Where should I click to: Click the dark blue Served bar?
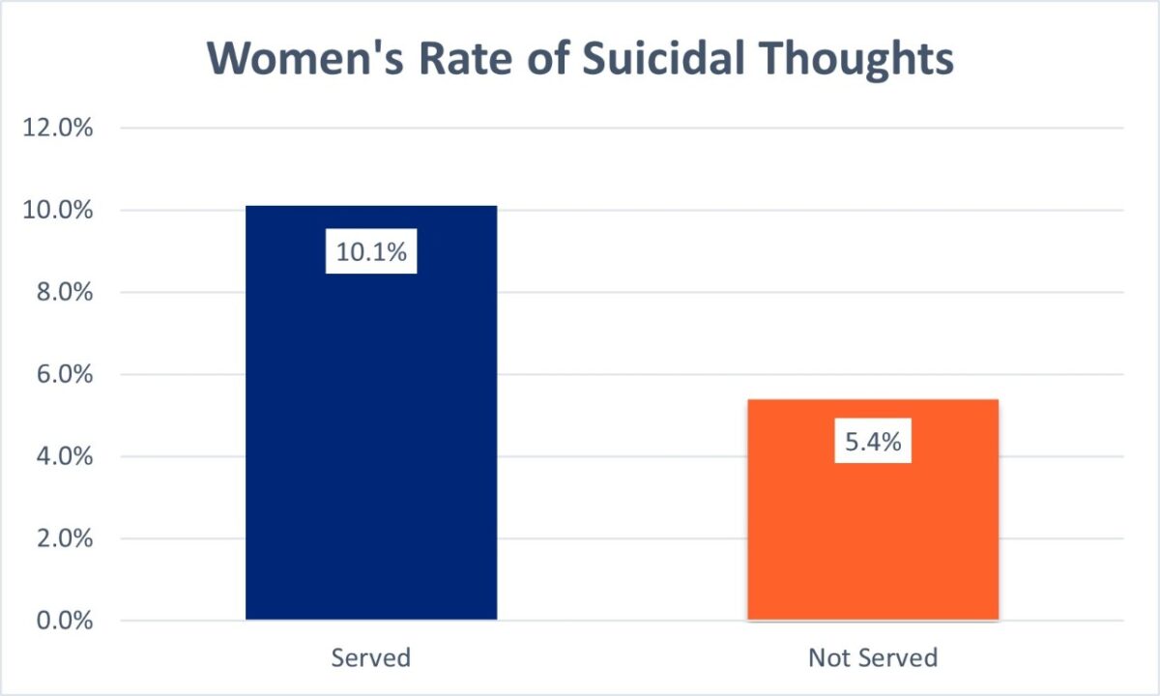coord(371,435)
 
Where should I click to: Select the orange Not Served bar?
coord(873,532)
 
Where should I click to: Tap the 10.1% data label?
coord(371,252)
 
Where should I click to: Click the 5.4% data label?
coord(873,442)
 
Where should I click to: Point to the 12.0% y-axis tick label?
coord(58,129)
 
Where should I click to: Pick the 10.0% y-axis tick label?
coord(58,211)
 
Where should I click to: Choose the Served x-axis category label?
coord(371,658)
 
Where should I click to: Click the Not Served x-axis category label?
coord(873,658)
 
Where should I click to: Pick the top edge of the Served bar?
coord(371,206)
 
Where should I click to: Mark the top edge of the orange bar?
coord(873,399)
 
